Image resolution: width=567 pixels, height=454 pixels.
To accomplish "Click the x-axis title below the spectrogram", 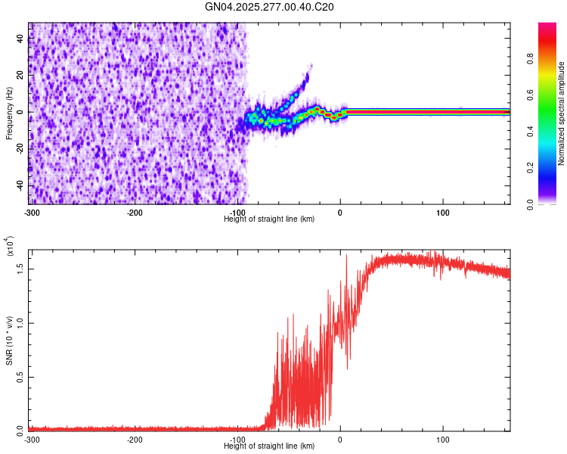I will pos(269,219).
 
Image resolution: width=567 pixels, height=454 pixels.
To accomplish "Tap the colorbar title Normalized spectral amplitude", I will pos(562,113).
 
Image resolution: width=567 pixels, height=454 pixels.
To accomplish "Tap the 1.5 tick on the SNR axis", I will pos(20,269).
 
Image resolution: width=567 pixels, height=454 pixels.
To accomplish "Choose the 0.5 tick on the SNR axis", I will pos(20,377).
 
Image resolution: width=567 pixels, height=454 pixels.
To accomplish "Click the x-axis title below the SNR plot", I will pos(269,446).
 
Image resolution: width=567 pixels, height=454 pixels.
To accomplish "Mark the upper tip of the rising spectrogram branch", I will pos(309,66).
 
